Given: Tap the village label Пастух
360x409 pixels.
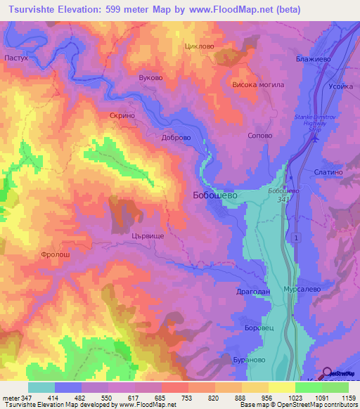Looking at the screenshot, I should click(15, 58).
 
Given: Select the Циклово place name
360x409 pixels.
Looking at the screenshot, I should click(198, 46).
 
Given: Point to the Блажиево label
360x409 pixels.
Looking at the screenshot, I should click(314, 60).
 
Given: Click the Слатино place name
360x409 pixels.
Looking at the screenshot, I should click(329, 172).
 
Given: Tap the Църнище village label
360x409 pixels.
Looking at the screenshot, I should click(148, 238).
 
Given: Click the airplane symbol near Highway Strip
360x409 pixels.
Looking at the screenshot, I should click(315, 138).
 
